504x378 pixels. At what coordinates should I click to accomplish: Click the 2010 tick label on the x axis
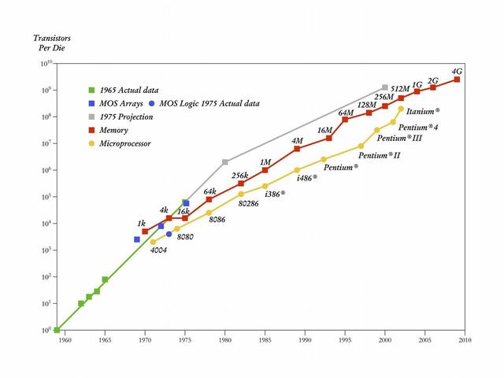[x=465, y=340]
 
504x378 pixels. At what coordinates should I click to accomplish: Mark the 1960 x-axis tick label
[x=64, y=340]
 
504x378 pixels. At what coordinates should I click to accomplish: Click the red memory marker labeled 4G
[x=457, y=80]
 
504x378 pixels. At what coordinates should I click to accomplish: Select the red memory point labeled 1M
[x=265, y=170]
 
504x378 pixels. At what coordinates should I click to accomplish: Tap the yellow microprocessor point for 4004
[x=153, y=242]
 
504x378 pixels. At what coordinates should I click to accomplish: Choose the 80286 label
[x=250, y=202]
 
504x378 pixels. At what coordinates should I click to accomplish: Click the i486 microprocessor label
[x=307, y=178]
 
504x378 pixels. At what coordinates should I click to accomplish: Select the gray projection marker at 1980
[x=225, y=162]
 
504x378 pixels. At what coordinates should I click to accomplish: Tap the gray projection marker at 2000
[x=384, y=87]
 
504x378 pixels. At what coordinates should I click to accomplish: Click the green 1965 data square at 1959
[x=56, y=330]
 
